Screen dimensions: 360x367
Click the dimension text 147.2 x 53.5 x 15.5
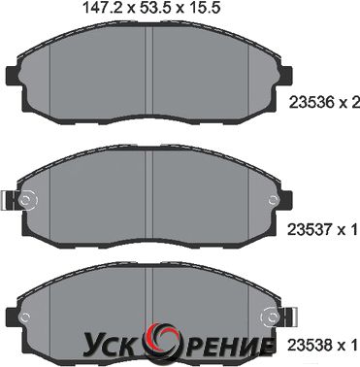[x=152, y=8]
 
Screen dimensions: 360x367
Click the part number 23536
[x=307, y=103]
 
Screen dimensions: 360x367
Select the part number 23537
[x=306, y=229]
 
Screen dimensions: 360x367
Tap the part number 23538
[x=306, y=345]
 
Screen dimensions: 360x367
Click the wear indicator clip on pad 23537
[x=7, y=200]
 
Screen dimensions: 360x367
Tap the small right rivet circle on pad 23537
[x=273, y=199]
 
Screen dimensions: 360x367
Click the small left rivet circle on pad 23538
[x=25, y=316]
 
